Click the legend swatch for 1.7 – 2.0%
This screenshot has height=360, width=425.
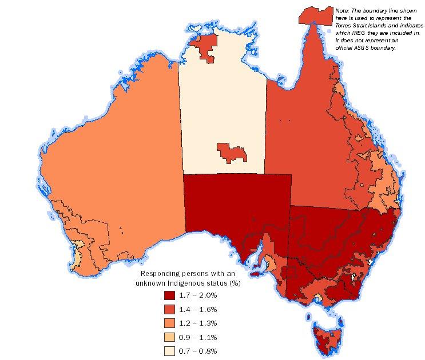[x=169, y=295]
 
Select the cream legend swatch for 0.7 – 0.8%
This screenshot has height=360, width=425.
[x=169, y=350]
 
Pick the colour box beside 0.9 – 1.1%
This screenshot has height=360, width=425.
[x=169, y=337]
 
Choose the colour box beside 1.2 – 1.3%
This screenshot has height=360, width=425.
[x=169, y=323]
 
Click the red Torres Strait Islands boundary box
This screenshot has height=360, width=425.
[x=315, y=15]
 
